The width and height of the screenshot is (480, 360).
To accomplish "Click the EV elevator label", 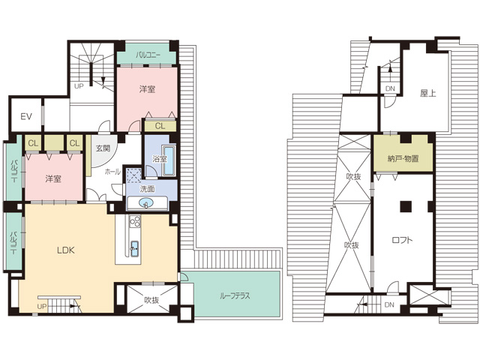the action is click(26, 117).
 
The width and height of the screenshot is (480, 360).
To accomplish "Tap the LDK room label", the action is click(66, 250).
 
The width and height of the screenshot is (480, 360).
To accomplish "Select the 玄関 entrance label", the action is click(103, 148).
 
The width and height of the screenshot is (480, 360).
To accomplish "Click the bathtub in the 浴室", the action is click(169, 160).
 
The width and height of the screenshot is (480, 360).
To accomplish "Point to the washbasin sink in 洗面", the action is click(146, 203).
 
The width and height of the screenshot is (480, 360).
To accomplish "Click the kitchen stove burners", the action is click(135, 221).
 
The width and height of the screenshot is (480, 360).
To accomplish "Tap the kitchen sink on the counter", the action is click(135, 248).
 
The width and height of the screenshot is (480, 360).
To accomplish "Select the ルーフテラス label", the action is click(235, 295).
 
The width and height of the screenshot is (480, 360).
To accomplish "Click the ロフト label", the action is click(402, 240).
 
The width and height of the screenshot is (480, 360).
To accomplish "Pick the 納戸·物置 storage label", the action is click(403, 158).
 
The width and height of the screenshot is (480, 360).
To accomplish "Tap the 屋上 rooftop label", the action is click(427, 93).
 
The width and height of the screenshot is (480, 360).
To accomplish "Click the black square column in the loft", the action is click(406, 207).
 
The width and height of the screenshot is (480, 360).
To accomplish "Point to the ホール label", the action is click(112, 172).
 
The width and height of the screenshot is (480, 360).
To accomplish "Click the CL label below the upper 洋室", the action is click(160, 126).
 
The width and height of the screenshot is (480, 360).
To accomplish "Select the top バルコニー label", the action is click(148, 55).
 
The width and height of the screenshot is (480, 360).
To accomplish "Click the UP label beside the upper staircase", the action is click(79, 86).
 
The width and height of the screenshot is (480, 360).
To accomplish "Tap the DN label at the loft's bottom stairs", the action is click(389, 305).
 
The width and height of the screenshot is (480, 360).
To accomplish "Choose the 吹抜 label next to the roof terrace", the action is click(151, 300).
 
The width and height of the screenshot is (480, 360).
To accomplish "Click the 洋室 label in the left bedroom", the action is click(53, 178).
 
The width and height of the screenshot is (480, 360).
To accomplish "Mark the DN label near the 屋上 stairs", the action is click(390, 88).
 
